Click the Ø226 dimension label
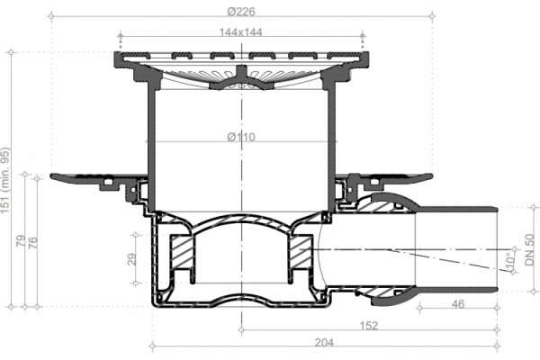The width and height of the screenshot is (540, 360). (241, 12)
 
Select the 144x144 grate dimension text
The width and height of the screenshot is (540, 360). (240, 32)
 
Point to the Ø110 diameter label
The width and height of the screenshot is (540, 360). (241, 137)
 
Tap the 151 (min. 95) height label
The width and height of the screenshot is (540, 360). (6, 180)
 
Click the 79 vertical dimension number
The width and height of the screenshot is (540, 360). (22, 240)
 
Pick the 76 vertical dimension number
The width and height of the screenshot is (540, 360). (32, 243)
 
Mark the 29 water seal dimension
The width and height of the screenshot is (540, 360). (131, 259)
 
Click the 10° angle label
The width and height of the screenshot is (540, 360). (510, 261)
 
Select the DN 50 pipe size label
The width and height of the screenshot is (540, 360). (530, 249)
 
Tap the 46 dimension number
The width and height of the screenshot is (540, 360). (458, 304)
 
